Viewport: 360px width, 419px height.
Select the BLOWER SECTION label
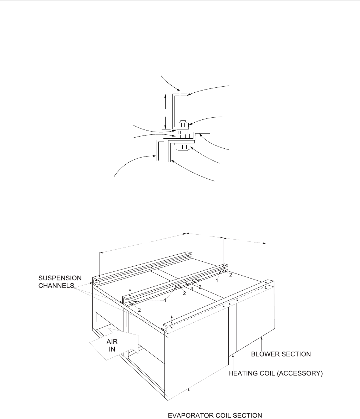286,354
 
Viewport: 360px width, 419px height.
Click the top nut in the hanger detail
182,125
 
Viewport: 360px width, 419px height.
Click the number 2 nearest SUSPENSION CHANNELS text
140,310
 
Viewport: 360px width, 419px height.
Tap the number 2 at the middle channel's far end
230,275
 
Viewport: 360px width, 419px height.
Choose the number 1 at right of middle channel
217,281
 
